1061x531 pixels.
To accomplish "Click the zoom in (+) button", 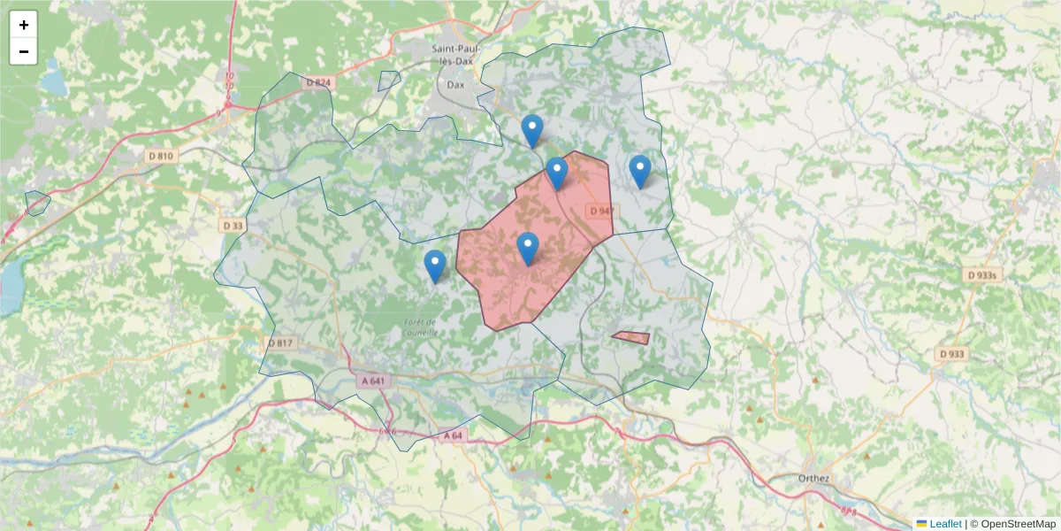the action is click(24, 25).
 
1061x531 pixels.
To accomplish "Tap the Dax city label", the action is click(456, 85).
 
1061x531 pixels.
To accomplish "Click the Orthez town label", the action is click(813, 479).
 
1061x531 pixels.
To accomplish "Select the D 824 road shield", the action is click(318, 82).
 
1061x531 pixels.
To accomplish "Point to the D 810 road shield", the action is click(162, 156).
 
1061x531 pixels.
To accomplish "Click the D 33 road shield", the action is click(233, 226).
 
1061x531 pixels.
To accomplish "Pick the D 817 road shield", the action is click(280, 342).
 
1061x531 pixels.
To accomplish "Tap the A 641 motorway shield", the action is click(374, 381).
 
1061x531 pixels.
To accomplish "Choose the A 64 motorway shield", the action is click(452, 435).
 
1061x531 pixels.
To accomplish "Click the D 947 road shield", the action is click(600, 211).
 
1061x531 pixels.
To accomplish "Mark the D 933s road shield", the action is click(982, 275).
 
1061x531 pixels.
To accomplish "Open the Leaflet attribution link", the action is click(944, 524).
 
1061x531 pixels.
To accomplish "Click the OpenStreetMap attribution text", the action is click(1012, 524).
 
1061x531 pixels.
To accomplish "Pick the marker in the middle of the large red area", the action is click(528, 249).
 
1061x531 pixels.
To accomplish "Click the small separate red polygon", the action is click(631, 338).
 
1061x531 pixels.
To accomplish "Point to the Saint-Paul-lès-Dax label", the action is click(456, 54).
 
